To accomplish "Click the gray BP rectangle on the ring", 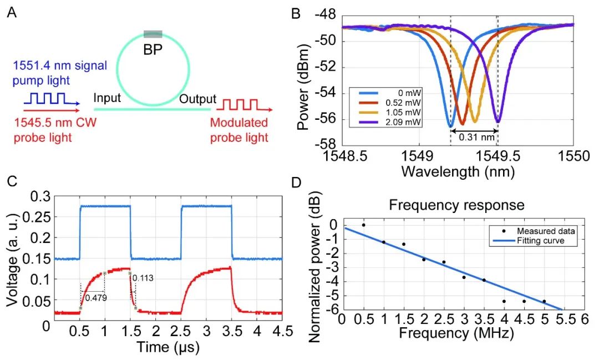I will tap(153, 34).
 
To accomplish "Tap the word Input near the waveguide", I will tap(108, 99).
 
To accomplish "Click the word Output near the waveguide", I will tap(197, 99).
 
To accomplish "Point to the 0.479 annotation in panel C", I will tap(96, 298).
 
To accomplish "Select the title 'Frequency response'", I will tap(456, 205).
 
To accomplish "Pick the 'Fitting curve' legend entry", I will tap(546, 241).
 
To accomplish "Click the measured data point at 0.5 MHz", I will tap(364, 225).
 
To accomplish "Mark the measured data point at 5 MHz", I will tap(544, 301).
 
